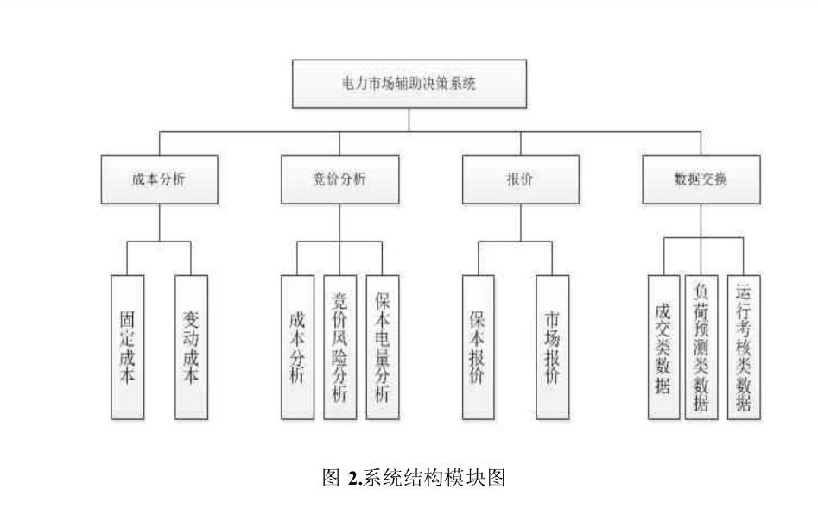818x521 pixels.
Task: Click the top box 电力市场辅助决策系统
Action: (x=409, y=84)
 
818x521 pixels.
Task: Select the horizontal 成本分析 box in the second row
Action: (x=158, y=179)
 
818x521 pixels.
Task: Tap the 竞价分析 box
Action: (x=339, y=179)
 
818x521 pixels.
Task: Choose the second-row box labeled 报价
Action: (x=520, y=179)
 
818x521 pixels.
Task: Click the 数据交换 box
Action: (x=701, y=179)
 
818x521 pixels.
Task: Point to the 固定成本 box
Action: (x=127, y=347)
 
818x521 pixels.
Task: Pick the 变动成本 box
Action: (x=191, y=347)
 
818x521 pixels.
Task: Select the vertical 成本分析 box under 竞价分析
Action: (x=297, y=347)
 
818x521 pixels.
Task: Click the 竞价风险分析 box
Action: (x=339, y=347)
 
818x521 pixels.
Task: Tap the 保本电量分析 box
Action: (x=383, y=347)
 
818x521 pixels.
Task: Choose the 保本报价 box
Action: (x=478, y=347)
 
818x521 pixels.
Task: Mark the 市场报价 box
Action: (x=552, y=347)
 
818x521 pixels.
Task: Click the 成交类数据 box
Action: (x=663, y=347)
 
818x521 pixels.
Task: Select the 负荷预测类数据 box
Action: (x=701, y=347)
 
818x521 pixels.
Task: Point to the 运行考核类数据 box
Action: (x=744, y=347)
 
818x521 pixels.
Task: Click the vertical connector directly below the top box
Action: (x=409, y=120)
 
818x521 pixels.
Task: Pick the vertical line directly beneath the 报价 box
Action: (x=520, y=223)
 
